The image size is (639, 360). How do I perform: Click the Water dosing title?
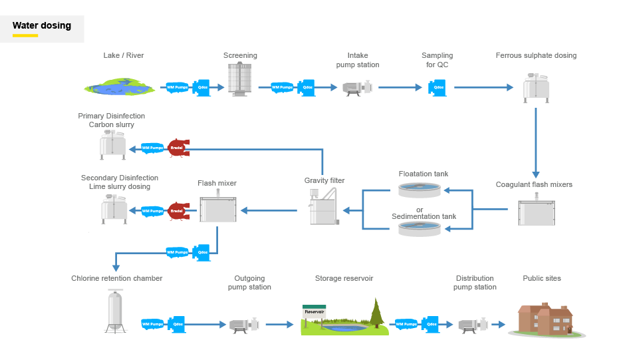[x=42, y=26]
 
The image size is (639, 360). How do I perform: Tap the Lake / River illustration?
[x=120, y=87]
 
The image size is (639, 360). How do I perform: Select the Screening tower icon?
[x=239, y=79]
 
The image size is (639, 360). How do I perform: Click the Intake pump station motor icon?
[x=357, y=88]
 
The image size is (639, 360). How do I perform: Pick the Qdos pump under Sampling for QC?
[x=438, y=88]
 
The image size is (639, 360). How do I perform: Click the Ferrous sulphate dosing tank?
[x=536, y=88]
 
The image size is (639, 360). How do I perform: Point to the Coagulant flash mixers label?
[x=534, y=185]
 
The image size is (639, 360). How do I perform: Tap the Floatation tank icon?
[x=420, y=190]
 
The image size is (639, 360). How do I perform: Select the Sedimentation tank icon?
[x=420, y=229]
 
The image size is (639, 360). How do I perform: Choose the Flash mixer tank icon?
[x=218, y=207]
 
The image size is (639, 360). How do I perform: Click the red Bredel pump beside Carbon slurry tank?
[x=178, y=148]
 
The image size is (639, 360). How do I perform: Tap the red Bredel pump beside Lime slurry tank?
[x=178, y=211]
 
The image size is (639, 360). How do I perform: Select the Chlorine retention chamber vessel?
[x=115, y=311]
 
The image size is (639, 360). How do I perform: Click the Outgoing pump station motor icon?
[x=244, y=325]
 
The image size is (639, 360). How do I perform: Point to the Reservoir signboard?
[x=315, y=312]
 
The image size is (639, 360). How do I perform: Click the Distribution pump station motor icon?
[x=473, y=325]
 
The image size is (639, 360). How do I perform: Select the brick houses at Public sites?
[x=546, y=319]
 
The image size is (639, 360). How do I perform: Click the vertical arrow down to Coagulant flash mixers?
[x=536, y=142]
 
